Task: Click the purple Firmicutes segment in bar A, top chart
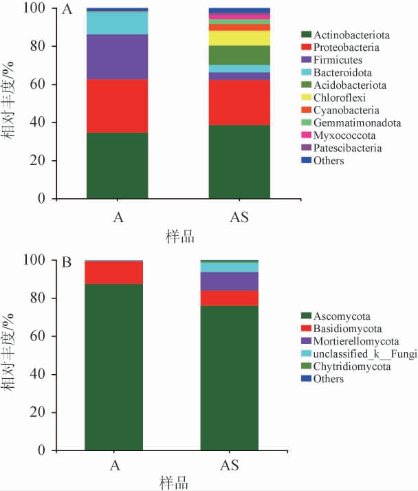pyautogui.click(x=117, y=56)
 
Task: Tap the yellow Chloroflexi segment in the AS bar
pyautogui.click(x=239, y=38)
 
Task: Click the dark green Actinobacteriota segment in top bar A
pyautogui.click(x=117, y=165)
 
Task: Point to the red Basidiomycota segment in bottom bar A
pyautogui.click(x=113, y=272)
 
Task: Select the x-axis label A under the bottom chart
pyautogui.click(x=116, y=466)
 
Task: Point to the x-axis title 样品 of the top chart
pyautogui.click(x=180, y=237)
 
